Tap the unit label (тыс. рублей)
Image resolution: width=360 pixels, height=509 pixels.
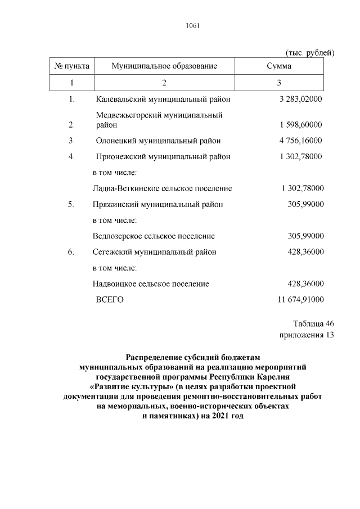[x=310, y=53]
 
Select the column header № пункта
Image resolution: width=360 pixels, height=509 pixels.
[x=71, y=66]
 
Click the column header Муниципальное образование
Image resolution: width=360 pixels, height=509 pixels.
[x=164, y=66]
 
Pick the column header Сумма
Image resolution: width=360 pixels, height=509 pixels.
[x=279, y=66]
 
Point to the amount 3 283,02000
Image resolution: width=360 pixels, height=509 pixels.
[x=300, y=100]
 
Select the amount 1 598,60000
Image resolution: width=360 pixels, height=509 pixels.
[x=300, y=124]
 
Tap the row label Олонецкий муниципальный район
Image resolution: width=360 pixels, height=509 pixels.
[x=158, y=141]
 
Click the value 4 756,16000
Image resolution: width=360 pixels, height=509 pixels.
[x=300, y=141]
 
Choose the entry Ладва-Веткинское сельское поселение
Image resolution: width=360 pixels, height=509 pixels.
[x=162, y=188]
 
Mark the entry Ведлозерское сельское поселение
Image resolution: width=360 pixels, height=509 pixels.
[x=154, y=236]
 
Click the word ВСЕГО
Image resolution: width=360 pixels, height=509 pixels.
[x=110, y=300]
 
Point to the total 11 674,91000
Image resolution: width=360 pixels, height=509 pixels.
[x=300, y=300]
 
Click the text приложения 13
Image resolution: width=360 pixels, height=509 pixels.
[x=307, y=335]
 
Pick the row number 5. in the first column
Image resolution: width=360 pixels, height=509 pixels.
[x=71, y=204]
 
